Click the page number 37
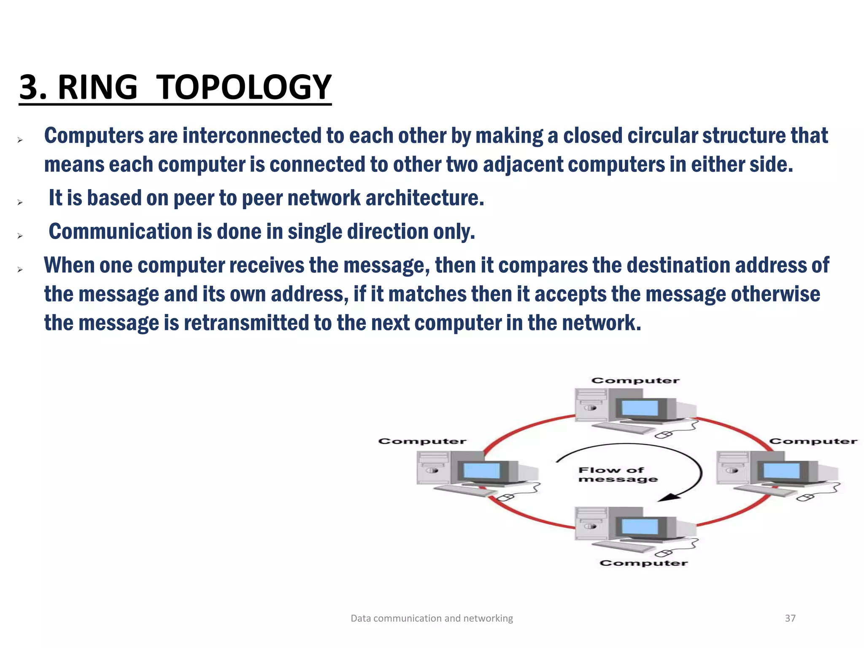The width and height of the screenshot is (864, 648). click(x=790, y=618)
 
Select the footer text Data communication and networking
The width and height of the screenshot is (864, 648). click(x=432, y=618)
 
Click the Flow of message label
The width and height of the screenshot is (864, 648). click(x=617, y=475)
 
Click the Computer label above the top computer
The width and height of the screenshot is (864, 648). click(x=635, y=381)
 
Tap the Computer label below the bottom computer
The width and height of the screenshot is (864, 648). click(x=643, y=563)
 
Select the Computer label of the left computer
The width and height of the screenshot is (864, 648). click(x=422, y=441)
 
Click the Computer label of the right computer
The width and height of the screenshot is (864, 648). click(x=813, y=441)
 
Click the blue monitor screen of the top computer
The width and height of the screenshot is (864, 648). click(x=640, y=408)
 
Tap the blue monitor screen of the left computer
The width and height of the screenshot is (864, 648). click(x=482, y=470)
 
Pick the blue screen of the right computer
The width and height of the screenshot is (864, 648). click(x=781, y=470)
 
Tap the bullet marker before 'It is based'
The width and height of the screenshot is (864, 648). click(x=19, y=202)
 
